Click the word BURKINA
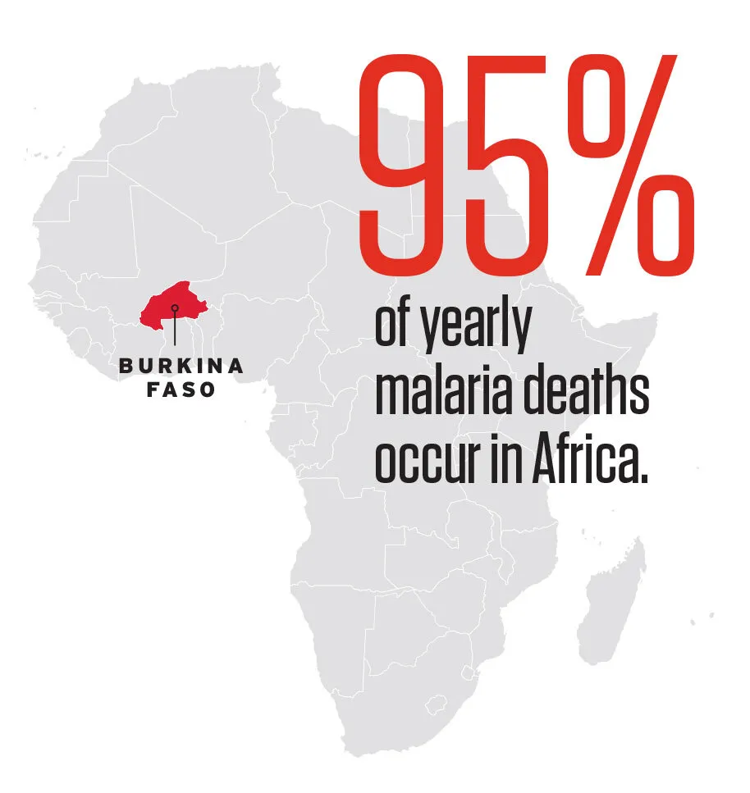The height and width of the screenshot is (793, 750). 181,367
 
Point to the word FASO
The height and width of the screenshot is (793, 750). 181,390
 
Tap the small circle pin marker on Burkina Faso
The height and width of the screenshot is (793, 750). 175,308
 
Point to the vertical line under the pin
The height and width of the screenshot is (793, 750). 175,330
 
